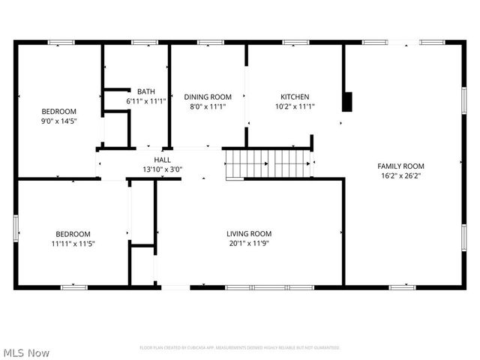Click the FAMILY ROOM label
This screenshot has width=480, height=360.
click(400, 166)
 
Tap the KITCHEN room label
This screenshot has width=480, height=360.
click(295, 97)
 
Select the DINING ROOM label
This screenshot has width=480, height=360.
click(208, 97)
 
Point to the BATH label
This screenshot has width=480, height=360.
click(145, 91)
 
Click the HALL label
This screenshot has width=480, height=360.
click(162, 160)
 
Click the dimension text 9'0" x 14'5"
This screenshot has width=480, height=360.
click(59, 120)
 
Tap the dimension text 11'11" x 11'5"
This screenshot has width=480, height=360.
click(72, 243)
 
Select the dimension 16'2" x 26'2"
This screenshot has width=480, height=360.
click(400, 176)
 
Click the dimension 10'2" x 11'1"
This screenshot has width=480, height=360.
click(295, 106)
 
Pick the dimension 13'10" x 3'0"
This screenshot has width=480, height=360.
click(162, 169)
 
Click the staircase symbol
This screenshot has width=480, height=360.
click(268, 163)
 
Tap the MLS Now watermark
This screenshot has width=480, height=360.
click(26, 352)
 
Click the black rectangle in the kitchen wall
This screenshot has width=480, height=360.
click(347, 101)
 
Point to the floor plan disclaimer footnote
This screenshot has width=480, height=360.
click(240, 347)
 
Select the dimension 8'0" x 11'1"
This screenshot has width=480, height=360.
click(208, 106)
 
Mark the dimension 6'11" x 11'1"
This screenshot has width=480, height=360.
click(145, 101)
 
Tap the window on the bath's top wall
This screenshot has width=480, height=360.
click(139, 43)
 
